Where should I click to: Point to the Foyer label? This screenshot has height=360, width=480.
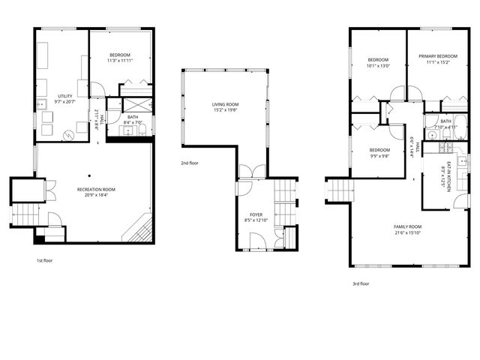256,214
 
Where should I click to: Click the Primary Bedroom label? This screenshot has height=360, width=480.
438,56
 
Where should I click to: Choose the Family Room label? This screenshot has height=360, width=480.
408,226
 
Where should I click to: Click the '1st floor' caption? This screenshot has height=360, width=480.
45,261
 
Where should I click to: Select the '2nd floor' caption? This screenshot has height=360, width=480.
189,163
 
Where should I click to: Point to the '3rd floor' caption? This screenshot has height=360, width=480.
361,283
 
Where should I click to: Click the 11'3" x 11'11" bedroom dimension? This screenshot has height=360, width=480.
120,61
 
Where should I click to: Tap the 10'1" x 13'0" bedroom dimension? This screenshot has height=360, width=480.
378,66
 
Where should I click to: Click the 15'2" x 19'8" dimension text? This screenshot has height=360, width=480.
225,110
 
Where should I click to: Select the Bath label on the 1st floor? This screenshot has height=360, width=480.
133,117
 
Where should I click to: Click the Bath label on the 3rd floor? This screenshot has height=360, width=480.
445,121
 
